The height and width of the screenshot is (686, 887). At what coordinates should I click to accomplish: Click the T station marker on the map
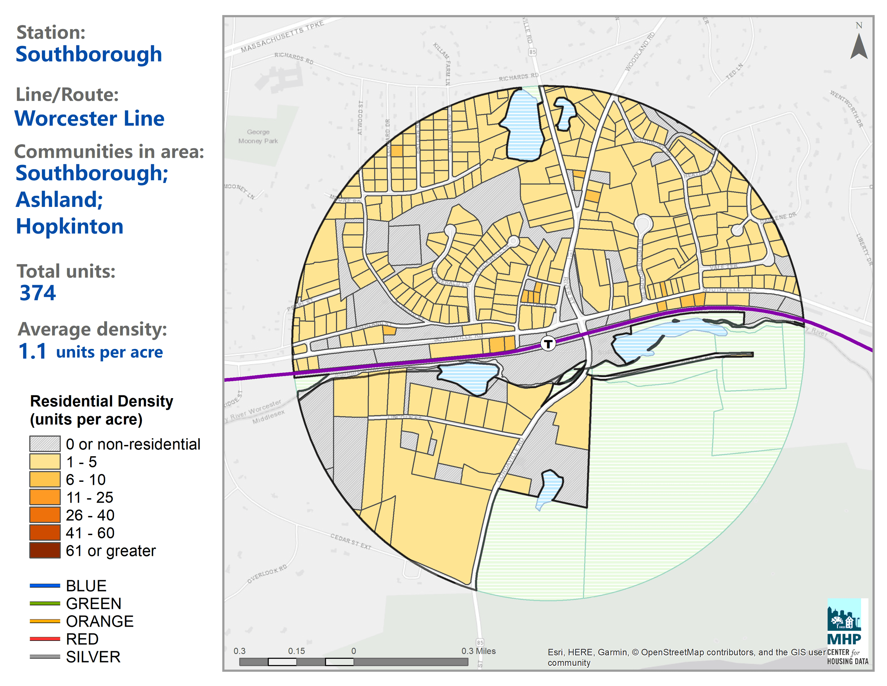click(x=548, y=344)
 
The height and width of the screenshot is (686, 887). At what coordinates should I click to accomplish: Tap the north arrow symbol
click(x=859, y=47)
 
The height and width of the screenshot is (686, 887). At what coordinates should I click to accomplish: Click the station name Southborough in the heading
click(x=89, y=54)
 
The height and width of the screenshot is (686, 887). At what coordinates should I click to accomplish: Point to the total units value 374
click(x=38, y=293)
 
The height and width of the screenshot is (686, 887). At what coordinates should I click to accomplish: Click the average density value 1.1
click(x=32, y=351)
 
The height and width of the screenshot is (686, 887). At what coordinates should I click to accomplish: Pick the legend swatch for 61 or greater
click(x=45, y=551)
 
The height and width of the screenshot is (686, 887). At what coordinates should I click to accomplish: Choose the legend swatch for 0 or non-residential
click(x=45, y=444)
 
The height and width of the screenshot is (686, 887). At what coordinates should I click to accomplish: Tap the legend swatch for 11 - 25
click(x=45, y=498)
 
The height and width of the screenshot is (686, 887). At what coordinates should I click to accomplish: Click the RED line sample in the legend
click(x=45, y=639)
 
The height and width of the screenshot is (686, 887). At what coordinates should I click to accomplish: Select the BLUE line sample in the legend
click(x=45, y=586)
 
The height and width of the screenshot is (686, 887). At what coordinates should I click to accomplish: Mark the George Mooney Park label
click(x=258, y=137)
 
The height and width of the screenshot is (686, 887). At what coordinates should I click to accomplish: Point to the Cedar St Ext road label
click(x=350, y=541)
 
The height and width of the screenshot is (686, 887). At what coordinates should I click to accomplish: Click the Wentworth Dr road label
click(x=846, y=109)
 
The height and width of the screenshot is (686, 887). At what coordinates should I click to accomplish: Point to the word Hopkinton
click(x=70, y=226)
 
